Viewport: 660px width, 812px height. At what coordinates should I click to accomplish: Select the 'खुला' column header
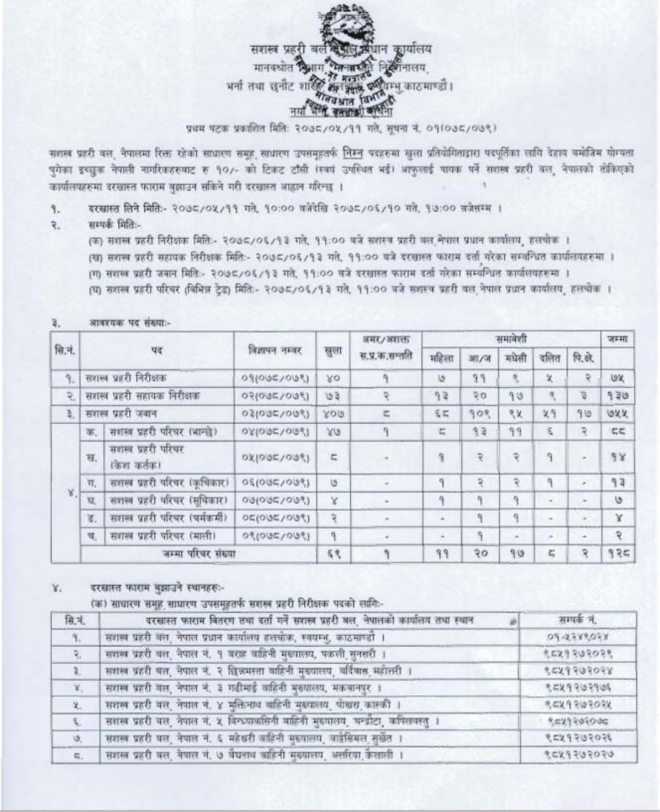332,351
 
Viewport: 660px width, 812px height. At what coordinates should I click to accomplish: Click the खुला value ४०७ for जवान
332,413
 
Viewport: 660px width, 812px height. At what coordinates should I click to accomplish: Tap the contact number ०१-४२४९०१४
579,637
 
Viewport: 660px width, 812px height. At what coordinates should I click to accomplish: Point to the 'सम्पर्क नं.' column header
579,620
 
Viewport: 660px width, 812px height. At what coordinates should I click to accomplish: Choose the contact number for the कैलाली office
579,755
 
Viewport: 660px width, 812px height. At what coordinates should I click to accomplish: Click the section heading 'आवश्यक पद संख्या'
127,323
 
